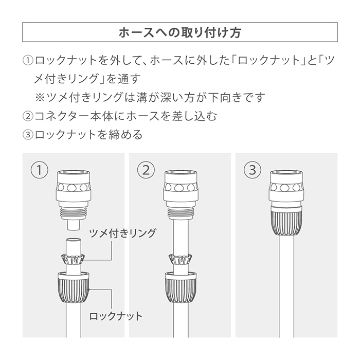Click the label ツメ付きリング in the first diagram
[122, 233]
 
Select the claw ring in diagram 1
[73, 259]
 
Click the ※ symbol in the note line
[41, 97]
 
